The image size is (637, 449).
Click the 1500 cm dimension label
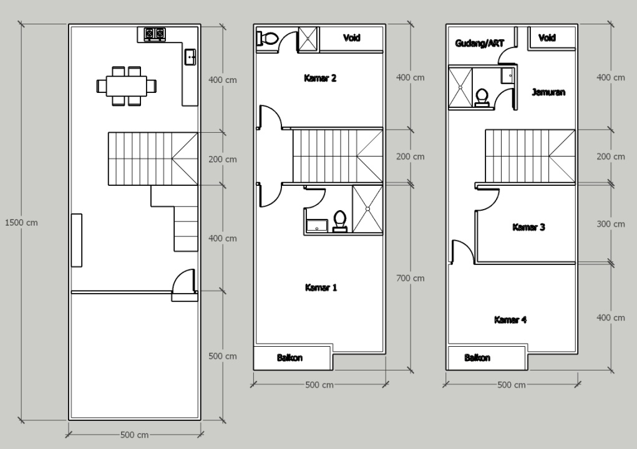[x=21, y=223]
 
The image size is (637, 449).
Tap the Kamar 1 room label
[x=321, y=287]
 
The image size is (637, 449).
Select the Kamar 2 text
[x=320, y=78]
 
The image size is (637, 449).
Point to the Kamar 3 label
[x=528, y=227]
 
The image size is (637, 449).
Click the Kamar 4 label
[x=510, y=319]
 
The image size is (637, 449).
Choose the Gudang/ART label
[x=479, y=43]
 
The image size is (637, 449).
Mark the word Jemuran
[x=548, y=92]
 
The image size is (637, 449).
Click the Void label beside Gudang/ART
[x=547, y=38]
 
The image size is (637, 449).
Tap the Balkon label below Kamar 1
[x=289, y=358]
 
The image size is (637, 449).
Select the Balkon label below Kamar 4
[x=477, y=358]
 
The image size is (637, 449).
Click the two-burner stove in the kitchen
[x=155, y=34]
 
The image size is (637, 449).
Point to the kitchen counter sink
[x=190, y=57]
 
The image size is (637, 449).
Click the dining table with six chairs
[x=127, y=86]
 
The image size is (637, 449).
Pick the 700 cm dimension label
[x=411, y=278]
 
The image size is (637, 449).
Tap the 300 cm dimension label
[x=611, y=224]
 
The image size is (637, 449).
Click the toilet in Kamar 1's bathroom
[x=339, y=221]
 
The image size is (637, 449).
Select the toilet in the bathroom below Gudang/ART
[x=482, y=98]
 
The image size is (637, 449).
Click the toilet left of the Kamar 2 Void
[x=267, y=39]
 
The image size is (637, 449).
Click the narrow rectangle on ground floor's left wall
[x=76, y=240]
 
